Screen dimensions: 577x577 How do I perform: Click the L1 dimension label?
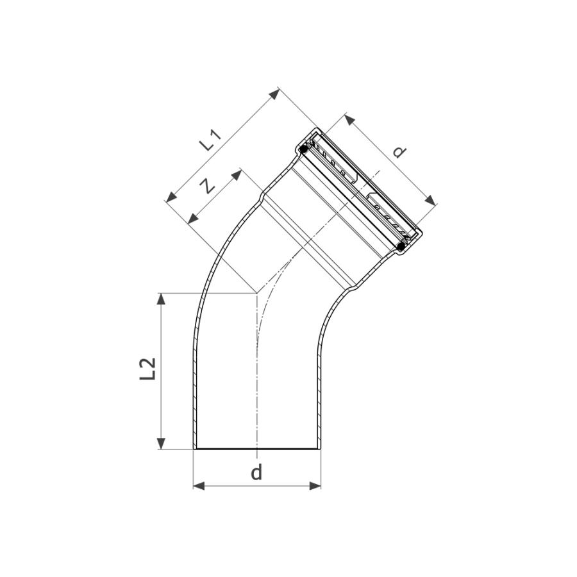coord(211,140)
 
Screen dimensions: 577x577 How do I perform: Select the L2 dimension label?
coord(148,369)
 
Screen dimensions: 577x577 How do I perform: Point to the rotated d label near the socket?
coord(399,151)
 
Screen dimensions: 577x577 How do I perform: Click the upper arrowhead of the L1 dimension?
coord(274,95)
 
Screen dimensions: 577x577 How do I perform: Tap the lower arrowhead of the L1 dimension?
coord(171,197)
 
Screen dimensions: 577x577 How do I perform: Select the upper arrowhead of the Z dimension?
coord(236,175)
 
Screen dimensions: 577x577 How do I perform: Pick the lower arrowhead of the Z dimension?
coord(193,219)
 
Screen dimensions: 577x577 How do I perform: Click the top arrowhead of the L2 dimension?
coord(161,299)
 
